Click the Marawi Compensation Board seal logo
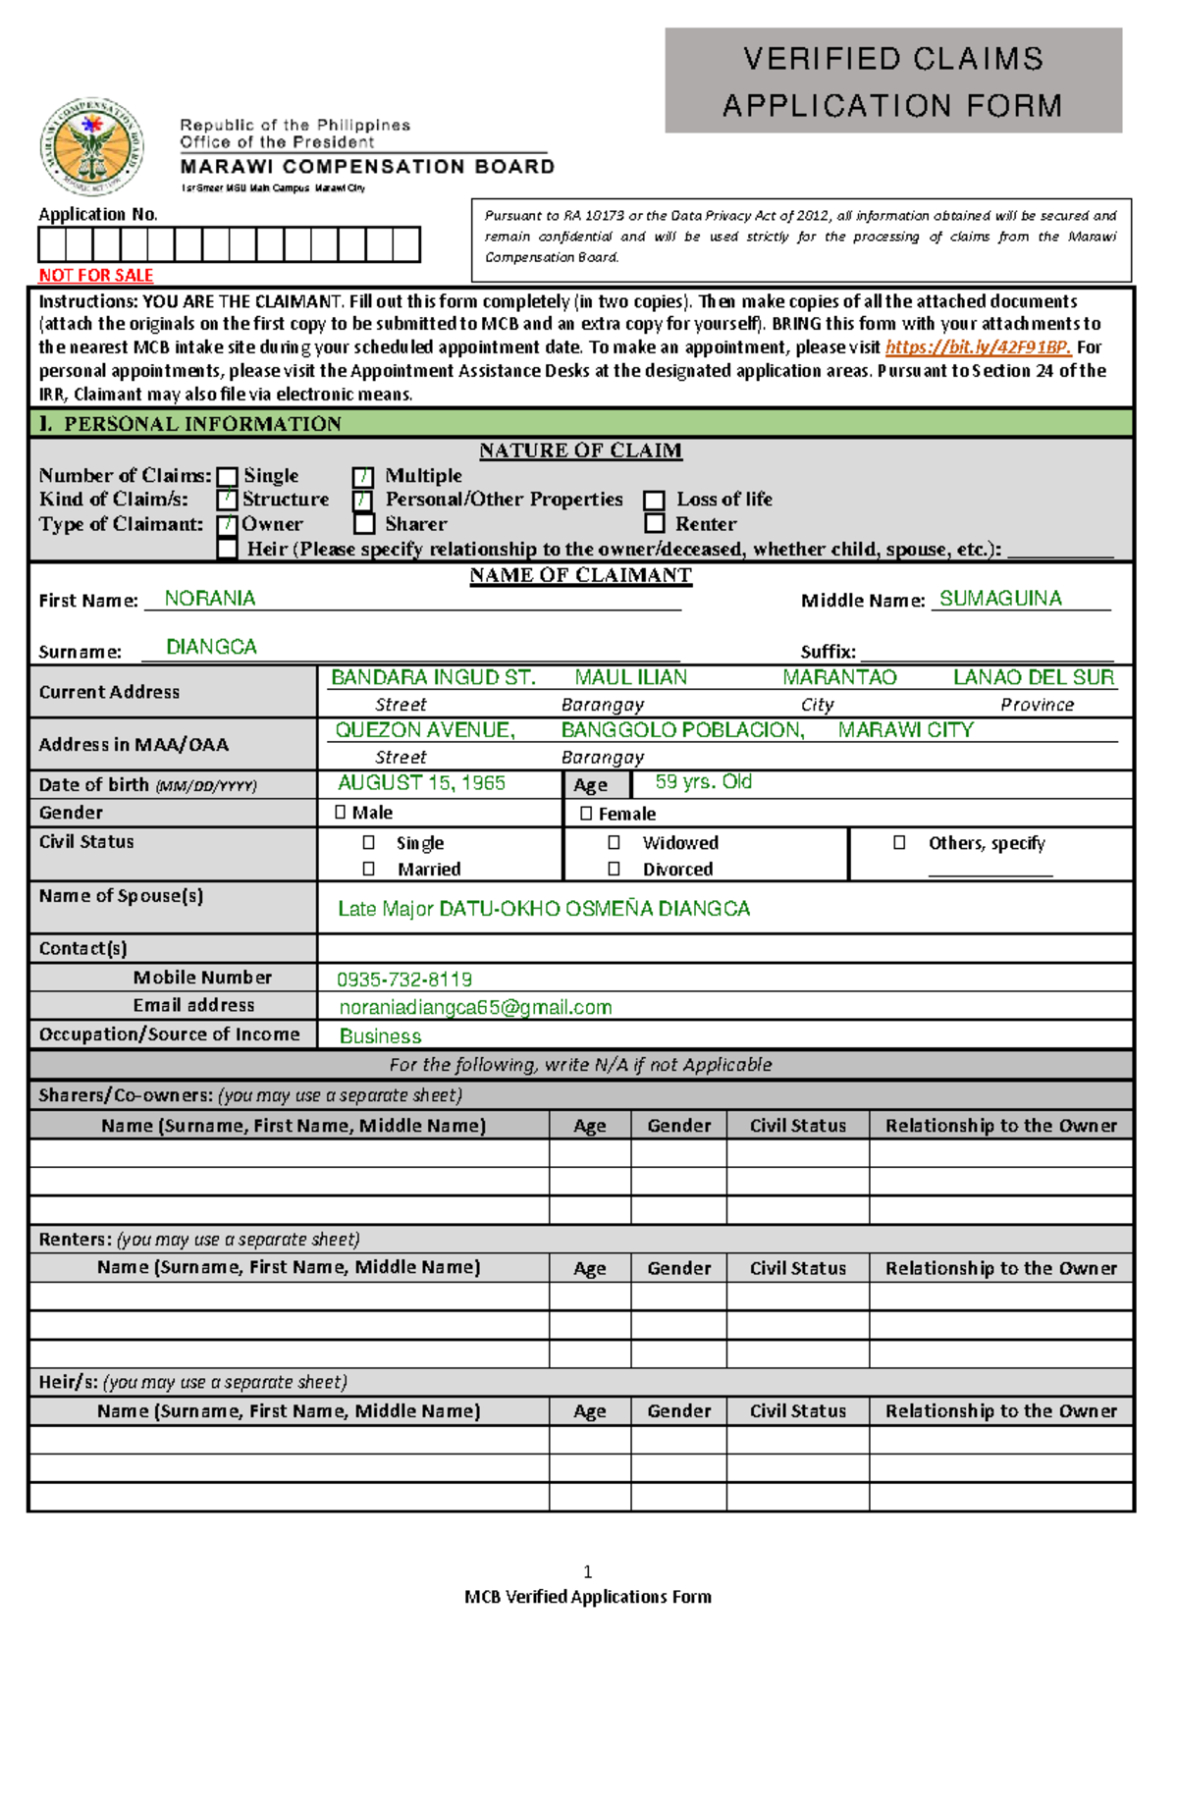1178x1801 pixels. coord(91,147)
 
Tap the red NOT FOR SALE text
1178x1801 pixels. coord(95,276)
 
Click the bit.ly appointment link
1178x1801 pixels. coord(977,347)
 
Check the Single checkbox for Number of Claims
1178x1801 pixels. coord(227,477)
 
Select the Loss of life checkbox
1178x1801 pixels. coord(655,501)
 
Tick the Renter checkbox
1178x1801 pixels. coord(655,524)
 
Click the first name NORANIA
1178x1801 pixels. coord(209,599)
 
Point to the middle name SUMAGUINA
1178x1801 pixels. coord(999,599)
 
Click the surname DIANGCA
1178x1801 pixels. coord(211,648)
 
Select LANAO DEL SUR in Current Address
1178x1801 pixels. coord(1033,678)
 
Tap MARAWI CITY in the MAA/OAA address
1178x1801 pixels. coord(905,730)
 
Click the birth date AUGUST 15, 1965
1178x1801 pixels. coord(421,783)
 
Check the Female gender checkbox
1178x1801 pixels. coord(586,814)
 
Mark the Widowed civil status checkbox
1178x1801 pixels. coord(614,843)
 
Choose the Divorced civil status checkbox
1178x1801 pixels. coord(614,870)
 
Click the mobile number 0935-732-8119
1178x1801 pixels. coord(403,980)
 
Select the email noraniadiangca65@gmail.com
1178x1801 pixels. coord(475,1008)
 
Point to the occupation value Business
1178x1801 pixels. coord(380,1036)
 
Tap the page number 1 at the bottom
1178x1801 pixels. coord(587,1572)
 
